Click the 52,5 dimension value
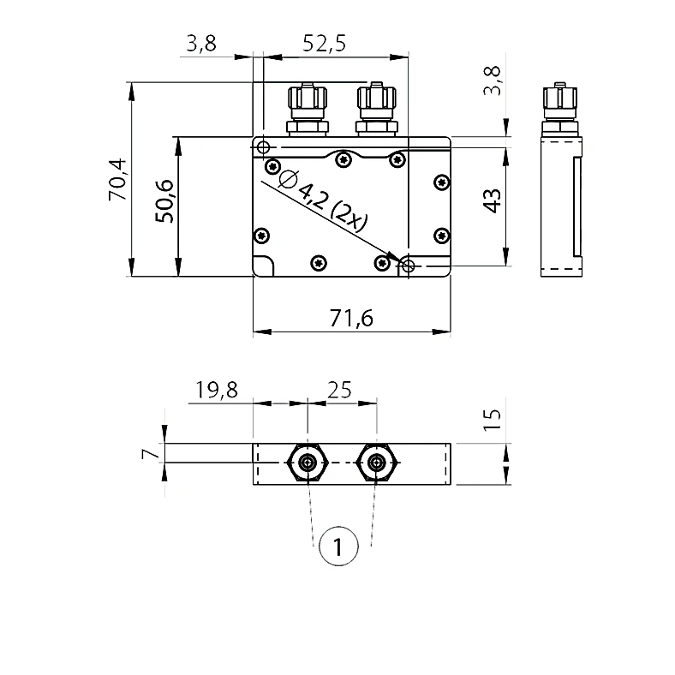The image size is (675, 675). pyautogui.click(x=324, y=44)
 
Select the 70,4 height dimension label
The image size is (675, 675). pyautogui.click(x=117, y=179)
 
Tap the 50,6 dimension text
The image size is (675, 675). pyautogui.click(x=164, y=201)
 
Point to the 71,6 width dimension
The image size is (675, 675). pyautogui.click(x=351, y=319)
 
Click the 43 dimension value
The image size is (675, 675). pyautogui.click(x=492, y=200)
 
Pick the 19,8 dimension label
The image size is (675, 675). pyautogui.click(x=217, y=390)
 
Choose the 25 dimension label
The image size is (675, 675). pyautogui.click(x=340, y=390)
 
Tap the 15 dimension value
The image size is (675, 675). pyautogui.click(x=492, y=419)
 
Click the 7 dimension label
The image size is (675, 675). pyautogui.click(x=151, y=453)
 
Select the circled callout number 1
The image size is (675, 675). pyautogui.click(x=338, y=546)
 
